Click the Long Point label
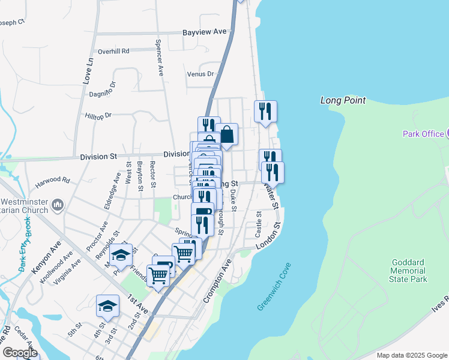pos(343,100)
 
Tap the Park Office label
pos(423,134)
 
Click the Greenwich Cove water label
pos(274,286)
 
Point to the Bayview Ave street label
pos(205,31)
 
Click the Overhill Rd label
pos(113,52)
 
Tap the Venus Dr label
pos(200,74)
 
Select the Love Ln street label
pos(89,69)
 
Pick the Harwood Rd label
pos(53,179)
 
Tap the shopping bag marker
pos(227,135)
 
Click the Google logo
pos(20,353)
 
